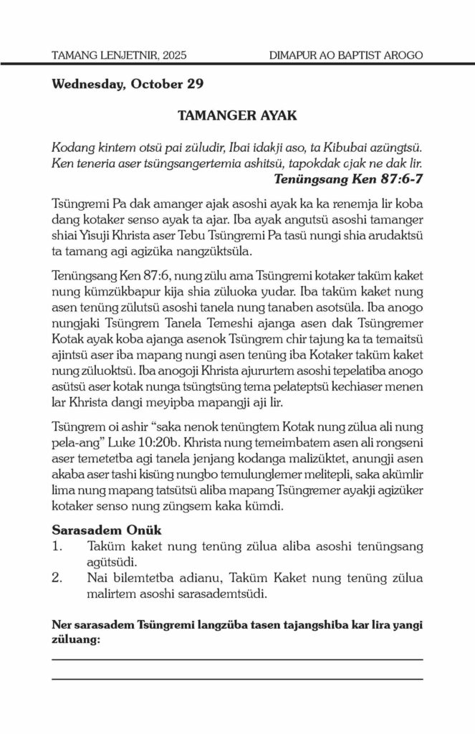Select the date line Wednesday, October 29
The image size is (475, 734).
(x=128, y=84)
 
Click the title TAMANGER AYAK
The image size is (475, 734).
(x=237, y=115)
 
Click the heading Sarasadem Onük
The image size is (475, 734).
(x=107, y=531)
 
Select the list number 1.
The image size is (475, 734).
(x=58, y=546)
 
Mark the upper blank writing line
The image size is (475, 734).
(x=237, y=658)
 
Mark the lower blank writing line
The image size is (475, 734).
(x=237, y=677)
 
